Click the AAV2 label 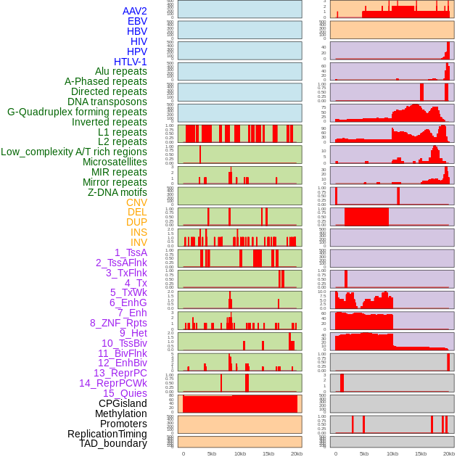[134, 11]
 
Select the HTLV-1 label [130, 62]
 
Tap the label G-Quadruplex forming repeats [77, 112]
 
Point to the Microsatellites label [115, 162]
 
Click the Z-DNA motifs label [117, 192]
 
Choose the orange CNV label [136, 202]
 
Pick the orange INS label [138, 232]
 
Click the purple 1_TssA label [131, 252]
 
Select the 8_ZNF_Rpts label [118, 323]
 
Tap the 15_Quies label [125, 393]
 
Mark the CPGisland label [123, 403]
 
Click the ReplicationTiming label [107, 434]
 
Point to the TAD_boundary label [112, 443]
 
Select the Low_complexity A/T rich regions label [74, 152]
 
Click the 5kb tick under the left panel [212, 453]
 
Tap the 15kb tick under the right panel [421, 453]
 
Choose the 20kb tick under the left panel [296, 453]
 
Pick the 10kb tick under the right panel [392, 453]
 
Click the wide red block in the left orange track [239, 403]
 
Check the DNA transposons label [107, 102]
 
